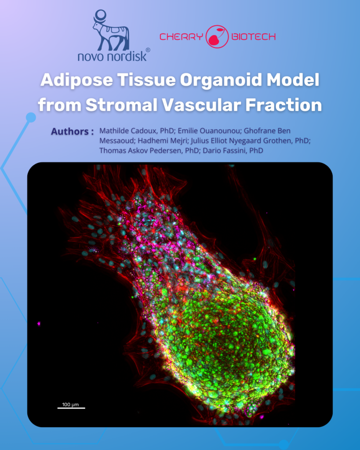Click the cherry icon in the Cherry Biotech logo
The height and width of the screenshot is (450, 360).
coord(218,36)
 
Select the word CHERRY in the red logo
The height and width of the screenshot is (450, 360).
coord(181,37)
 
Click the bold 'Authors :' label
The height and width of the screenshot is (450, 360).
coord(72,131)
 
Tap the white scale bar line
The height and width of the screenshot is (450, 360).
coord(71,408)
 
